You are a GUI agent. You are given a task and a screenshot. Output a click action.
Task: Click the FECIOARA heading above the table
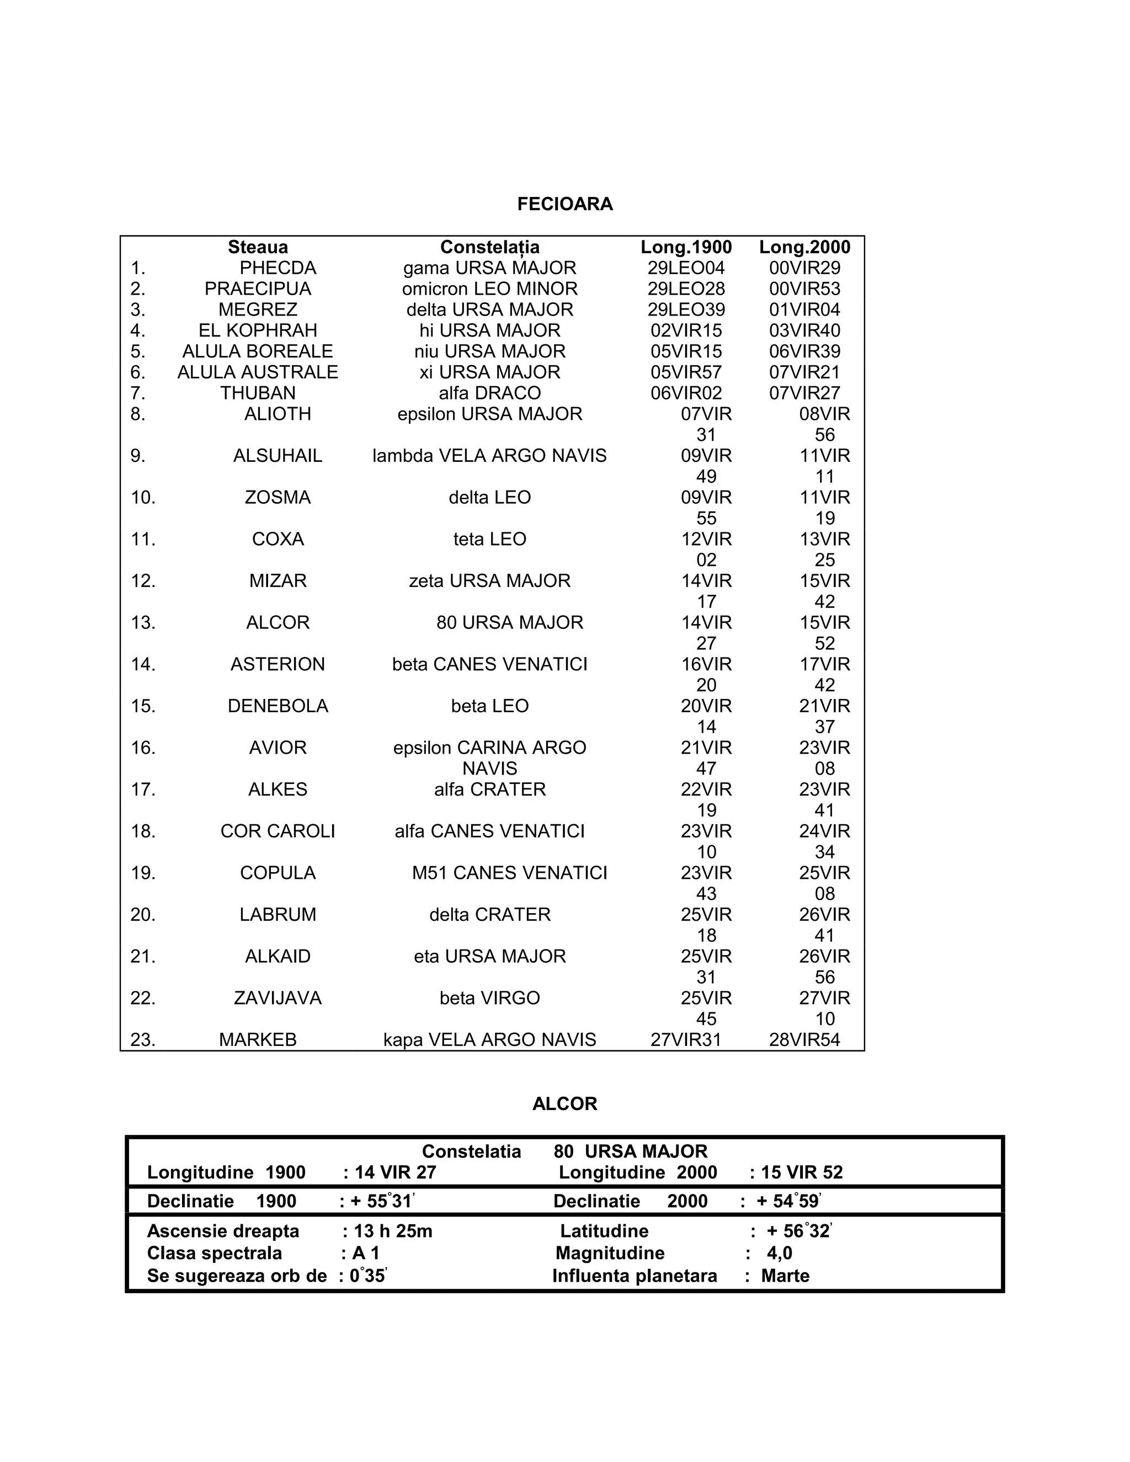564,204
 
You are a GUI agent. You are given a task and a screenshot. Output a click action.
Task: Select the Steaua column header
258,247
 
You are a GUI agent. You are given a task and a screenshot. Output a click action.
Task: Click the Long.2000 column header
804,247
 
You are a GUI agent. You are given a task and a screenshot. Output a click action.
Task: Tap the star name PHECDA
278,268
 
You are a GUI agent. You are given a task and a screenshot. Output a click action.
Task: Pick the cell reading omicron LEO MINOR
489,289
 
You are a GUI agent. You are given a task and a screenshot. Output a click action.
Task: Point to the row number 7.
138,393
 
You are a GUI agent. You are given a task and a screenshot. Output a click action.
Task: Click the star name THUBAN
258,393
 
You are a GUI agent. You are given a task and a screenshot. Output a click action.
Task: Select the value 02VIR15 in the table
686,330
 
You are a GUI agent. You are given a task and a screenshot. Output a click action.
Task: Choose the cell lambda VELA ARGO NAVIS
489,456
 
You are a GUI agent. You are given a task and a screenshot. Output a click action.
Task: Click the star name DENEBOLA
278,706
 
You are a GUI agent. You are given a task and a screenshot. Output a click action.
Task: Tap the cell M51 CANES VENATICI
509,873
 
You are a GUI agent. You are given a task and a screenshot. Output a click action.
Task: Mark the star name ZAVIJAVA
278,998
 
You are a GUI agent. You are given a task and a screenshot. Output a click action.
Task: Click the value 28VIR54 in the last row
804,1039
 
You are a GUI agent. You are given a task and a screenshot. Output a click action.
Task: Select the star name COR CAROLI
278,831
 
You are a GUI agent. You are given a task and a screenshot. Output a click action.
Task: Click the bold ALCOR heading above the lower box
564,1104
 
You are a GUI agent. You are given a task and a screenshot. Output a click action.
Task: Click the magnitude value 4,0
779,1253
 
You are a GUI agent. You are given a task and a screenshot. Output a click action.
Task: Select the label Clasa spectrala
214,1253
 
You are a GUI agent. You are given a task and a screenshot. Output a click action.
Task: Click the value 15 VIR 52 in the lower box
801,1172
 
